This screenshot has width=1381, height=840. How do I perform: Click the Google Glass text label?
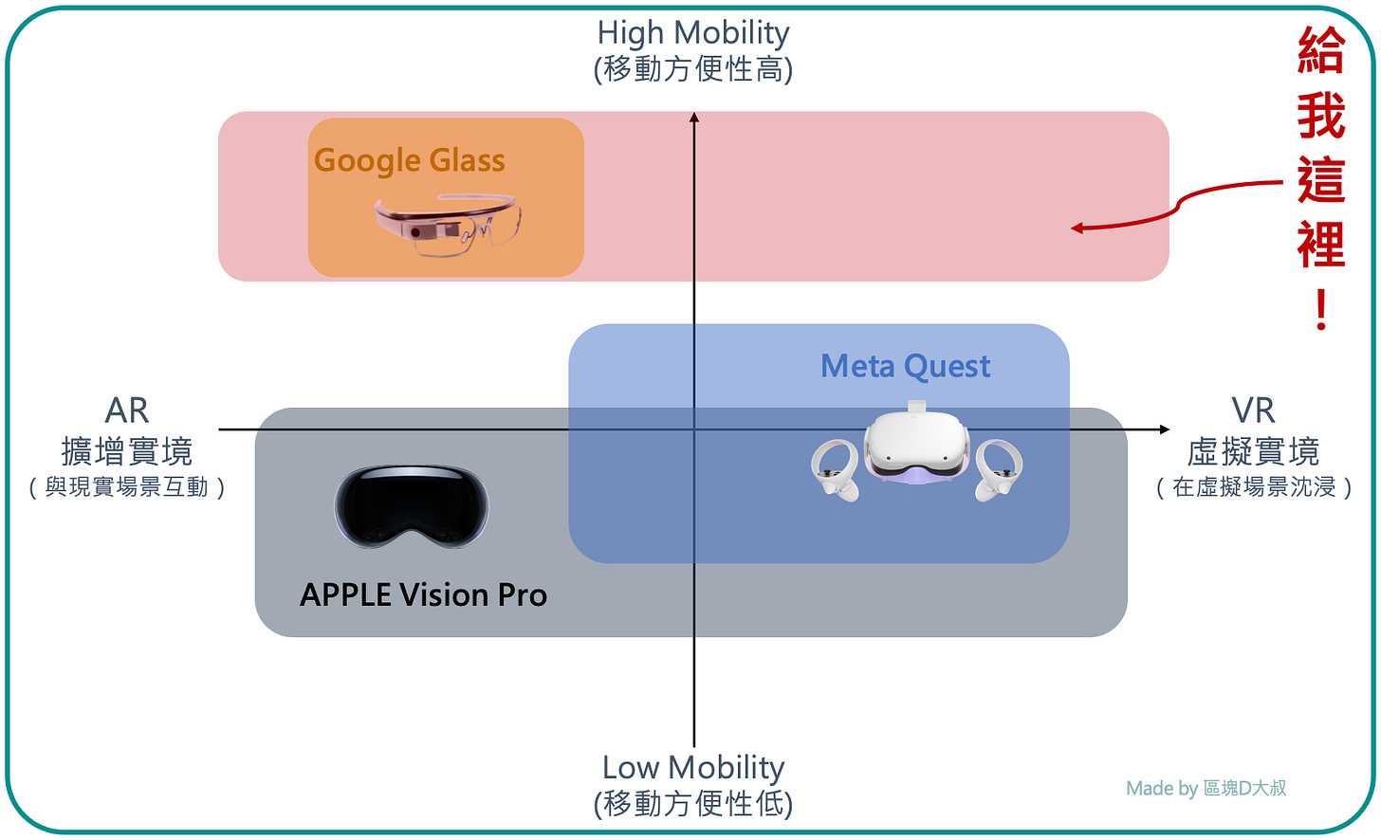(409, 160)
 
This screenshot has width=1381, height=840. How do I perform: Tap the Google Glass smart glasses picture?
(447, 226)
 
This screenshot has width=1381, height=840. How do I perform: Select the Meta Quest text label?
(905, 366)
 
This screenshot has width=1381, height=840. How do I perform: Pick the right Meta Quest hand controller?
(998, 468)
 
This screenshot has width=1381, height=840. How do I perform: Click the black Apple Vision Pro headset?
(412, 507)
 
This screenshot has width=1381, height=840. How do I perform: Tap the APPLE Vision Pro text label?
(423, 594)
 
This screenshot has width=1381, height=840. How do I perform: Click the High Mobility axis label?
(693, 33)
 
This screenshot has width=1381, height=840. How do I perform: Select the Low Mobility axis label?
(693, 767)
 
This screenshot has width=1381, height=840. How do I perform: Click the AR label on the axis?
(127, 411)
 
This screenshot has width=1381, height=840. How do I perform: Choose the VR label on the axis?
(1253, 411)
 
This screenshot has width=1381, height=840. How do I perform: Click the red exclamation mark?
(1321, 310)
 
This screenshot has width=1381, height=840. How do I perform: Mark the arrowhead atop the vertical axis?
(694, 117)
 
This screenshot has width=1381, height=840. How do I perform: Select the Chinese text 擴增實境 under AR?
(127, 450)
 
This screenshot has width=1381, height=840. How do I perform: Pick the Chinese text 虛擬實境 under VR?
(1253, 450)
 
